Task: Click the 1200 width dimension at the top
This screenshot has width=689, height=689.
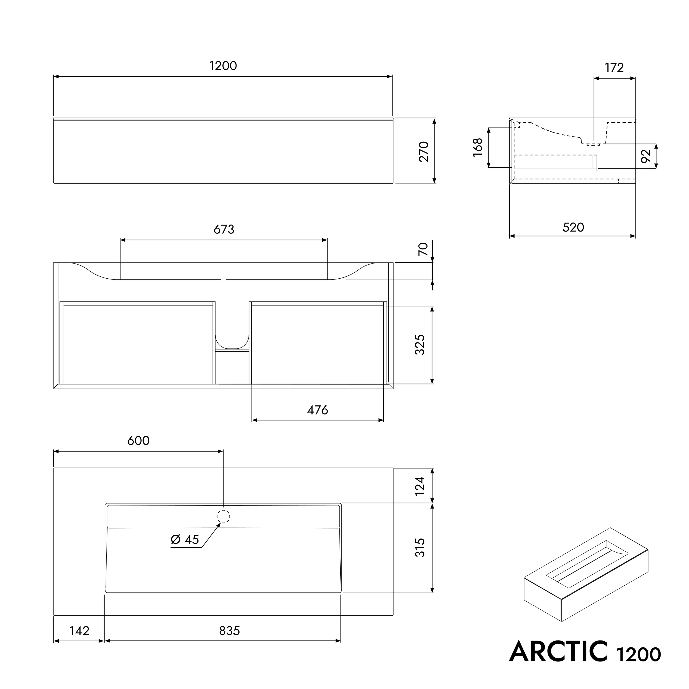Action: (x=223, y=66)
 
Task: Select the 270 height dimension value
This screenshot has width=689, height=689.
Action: (x=424, y=152)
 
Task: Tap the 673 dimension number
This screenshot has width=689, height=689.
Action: (x=224, y=229)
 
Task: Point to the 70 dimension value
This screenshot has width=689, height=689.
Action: (x=423, y=249)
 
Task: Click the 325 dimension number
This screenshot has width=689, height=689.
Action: (x=420, y=344)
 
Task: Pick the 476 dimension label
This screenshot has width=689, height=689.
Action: (x=317, y=410)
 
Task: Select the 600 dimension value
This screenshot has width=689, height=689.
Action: (x=138, y=441)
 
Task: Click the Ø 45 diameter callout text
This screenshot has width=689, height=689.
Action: (x=185, y=540)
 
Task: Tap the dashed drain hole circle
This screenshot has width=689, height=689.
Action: (x=223, y=516)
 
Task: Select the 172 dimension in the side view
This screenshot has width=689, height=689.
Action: (x=614, y=68)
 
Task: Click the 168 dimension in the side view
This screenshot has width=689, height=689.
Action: (x=478, y=147)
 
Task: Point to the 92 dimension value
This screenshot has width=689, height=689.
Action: (x=646, y=156)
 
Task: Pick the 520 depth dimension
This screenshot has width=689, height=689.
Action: (x=573, y=227)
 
